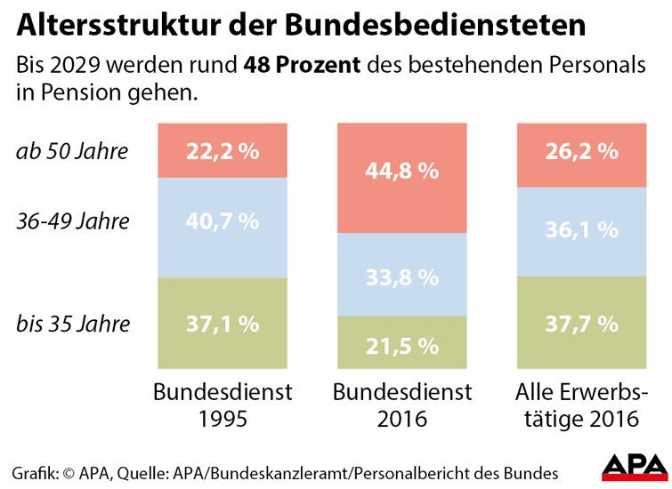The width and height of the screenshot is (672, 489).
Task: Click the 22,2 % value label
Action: (223, 151)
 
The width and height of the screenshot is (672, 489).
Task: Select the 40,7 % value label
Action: (223, 220)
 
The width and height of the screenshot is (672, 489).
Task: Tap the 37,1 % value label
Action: (223, 324)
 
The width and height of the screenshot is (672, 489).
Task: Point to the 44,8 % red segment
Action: (402, 171)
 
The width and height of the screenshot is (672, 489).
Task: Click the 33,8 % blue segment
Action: (402, 277)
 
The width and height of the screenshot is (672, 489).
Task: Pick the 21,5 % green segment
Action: (402, 343)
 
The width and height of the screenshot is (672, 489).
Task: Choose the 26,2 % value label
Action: (582, 151)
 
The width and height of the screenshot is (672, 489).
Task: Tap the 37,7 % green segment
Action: (582, 324)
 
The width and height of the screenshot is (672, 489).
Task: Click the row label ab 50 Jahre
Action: (72, 151)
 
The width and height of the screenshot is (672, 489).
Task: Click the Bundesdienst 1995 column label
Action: (223, 405)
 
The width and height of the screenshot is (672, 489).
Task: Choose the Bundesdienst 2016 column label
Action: (402, 405)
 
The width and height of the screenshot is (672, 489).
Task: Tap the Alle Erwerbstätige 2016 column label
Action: (582, 405)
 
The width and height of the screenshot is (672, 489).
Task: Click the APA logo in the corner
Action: (635, 465)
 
